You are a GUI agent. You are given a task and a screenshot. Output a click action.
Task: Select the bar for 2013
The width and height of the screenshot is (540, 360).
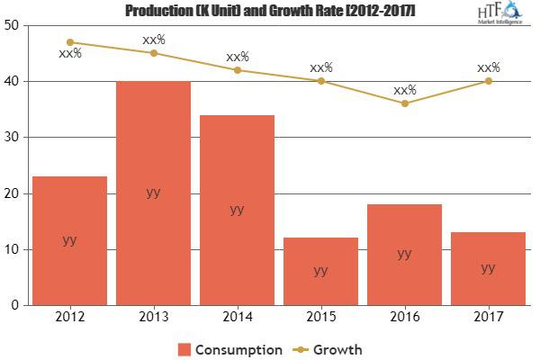click(153, 193)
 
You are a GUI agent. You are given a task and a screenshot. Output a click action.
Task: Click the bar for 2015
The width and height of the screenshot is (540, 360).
click(320, 271)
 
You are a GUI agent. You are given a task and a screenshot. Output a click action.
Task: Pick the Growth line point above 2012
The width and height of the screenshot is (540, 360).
click(69, 42)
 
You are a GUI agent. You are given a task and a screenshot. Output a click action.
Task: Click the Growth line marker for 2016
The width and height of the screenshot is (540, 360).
click(404, 103)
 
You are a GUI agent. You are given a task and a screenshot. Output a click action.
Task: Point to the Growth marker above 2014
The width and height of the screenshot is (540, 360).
click(237, 70)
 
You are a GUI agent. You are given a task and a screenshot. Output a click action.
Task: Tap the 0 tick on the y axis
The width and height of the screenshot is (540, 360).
click(15, 305)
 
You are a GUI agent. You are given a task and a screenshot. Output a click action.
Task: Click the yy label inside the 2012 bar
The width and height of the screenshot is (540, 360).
click(69, 239)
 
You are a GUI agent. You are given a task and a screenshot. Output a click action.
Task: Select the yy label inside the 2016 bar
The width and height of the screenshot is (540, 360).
click(404, 253)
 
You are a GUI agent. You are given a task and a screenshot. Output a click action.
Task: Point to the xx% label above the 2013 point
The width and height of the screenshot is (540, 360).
click(153, 40)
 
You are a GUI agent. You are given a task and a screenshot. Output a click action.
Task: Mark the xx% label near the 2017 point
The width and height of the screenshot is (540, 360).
click(489, 67)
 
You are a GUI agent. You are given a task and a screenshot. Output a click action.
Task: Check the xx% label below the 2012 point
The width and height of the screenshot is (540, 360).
click(70, 53)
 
